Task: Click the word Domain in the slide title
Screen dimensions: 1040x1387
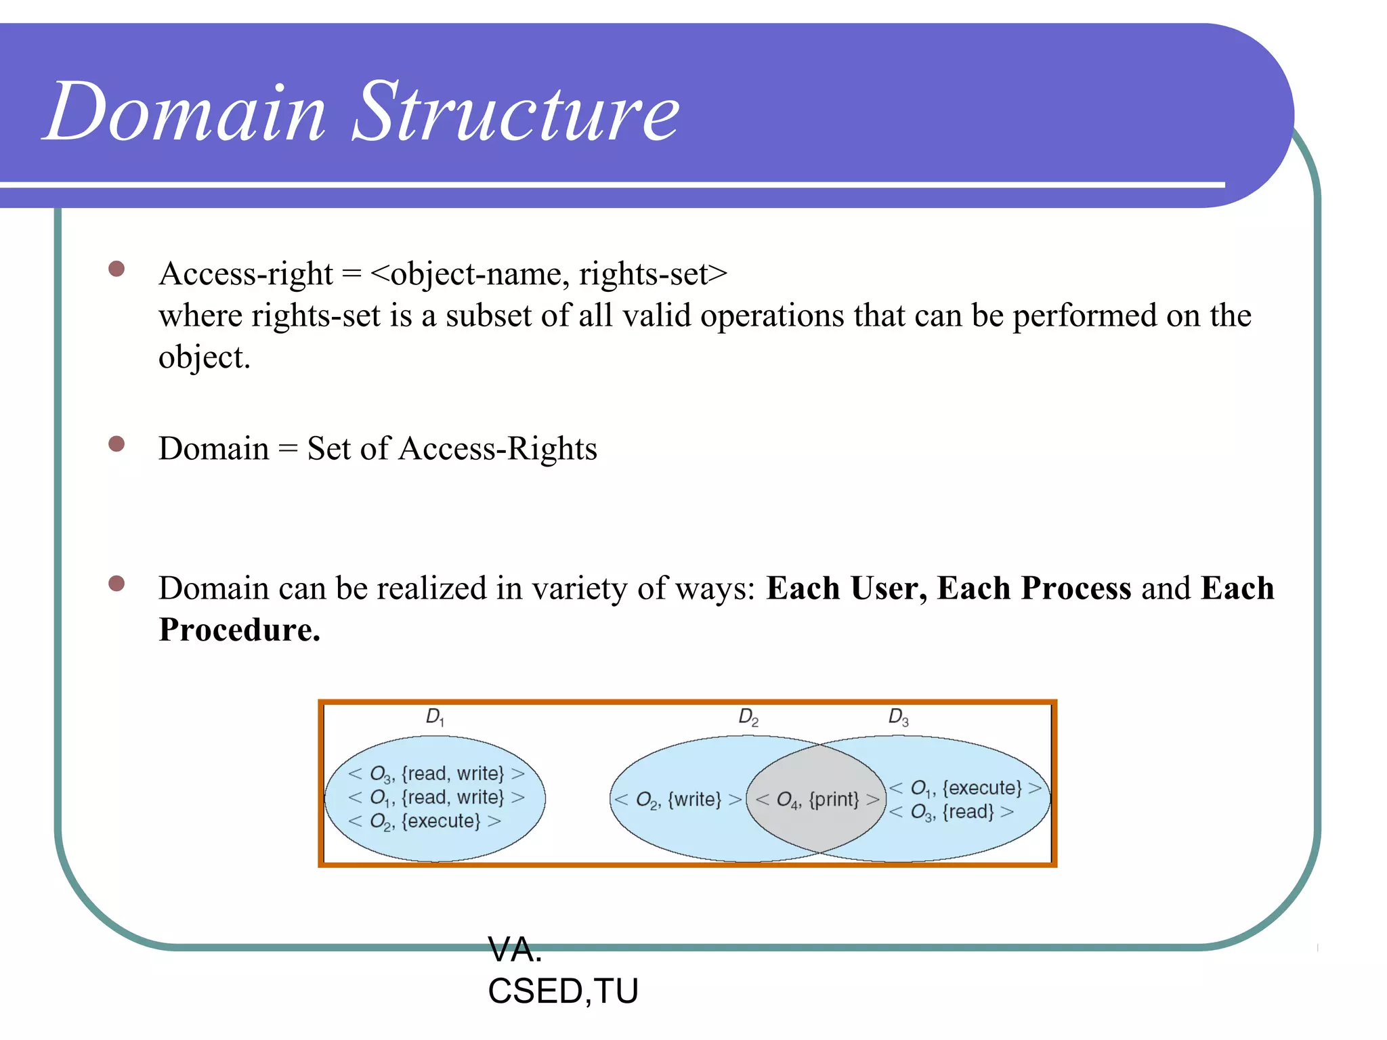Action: pos(186,112)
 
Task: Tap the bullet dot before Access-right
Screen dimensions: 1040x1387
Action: pos(116,269)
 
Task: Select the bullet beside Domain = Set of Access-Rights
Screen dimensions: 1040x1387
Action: pos(116,443)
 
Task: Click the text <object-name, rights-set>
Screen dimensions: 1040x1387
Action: pos(549,274)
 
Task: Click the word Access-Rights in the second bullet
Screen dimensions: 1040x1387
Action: pos(498,449)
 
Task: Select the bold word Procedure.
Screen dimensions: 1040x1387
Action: pos(238,630)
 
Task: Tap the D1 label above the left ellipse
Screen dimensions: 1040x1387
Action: pos(435,717)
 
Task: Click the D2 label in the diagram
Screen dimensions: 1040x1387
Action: pos(748,717)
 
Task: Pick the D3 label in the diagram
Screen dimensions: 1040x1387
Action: pos(898,717)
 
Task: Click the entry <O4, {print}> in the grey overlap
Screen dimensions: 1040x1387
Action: pos(817,800)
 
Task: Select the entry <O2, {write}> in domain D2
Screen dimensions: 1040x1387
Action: pos(677,800)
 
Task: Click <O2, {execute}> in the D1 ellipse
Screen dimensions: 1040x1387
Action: pos(425,821)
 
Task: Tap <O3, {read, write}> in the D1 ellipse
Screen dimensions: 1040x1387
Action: pos(436,773)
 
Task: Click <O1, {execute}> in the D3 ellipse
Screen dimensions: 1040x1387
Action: pos(965,787)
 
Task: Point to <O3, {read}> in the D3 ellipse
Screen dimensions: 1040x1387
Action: pos(951,811)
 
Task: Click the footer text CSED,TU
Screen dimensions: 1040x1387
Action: pos(563,991)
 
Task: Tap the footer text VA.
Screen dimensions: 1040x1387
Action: pos(515,949)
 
